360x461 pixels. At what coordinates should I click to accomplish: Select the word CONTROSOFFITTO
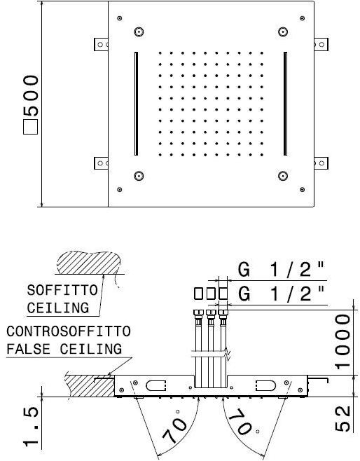point(68,331)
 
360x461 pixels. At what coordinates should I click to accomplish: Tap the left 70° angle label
point(175,424)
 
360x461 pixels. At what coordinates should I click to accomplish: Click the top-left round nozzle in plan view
point(139,31)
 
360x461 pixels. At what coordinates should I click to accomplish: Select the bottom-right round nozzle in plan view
point(284,175)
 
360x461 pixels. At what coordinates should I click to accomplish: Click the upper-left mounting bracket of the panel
point(101,43)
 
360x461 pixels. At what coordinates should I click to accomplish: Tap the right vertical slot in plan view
point(286,104)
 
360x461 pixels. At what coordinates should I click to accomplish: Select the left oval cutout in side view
point(153,385)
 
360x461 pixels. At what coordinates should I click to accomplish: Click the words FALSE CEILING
point(64,348)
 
